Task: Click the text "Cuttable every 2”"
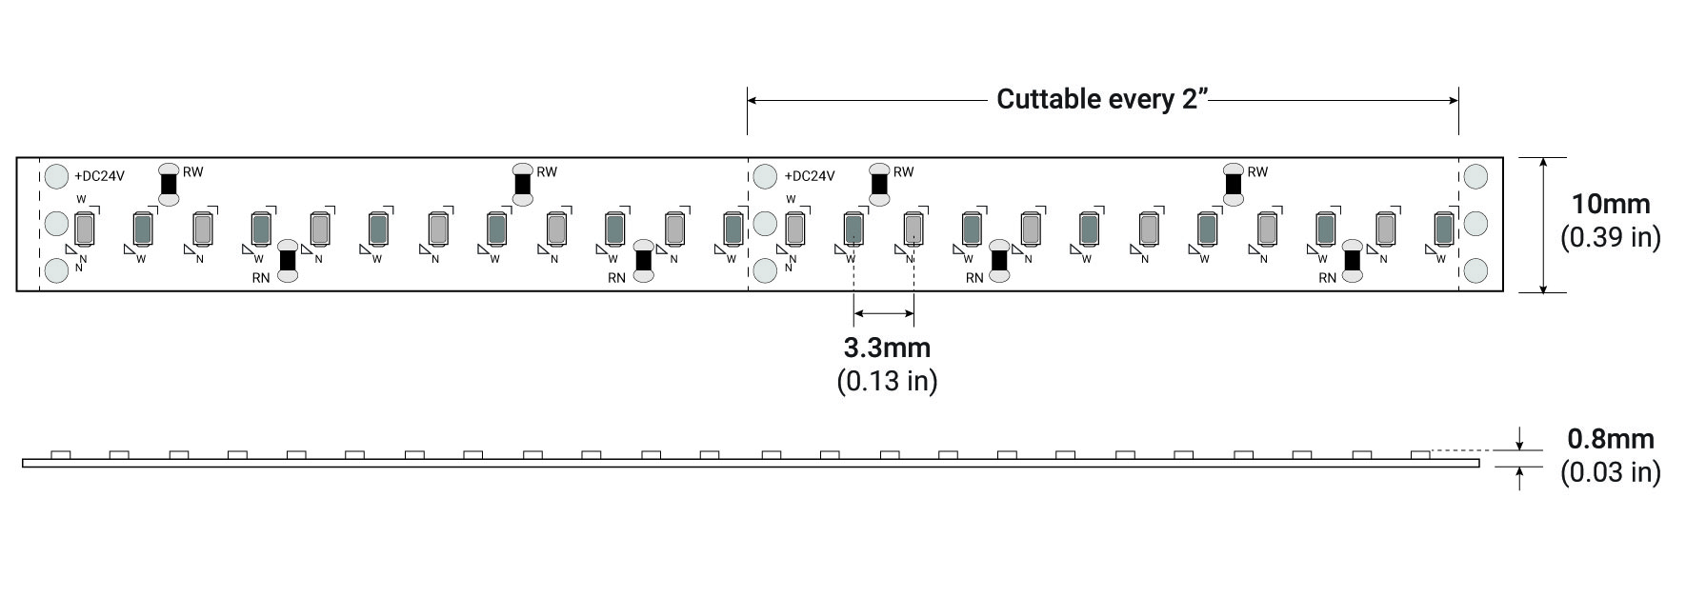coord(1102,99)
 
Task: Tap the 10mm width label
coord(1610,204)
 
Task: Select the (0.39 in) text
coord(1610,237)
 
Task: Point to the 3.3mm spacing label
coord(887,348)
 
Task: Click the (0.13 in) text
coord(887,381)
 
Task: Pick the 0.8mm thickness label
coord(1611,439)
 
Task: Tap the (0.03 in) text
coord(1610,472)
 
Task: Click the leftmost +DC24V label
coord(99,176)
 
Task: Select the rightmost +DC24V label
coord(810,176)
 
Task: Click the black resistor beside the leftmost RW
coord(169,184)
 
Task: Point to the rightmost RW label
coord(1257,172)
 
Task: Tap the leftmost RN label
coord(261,278)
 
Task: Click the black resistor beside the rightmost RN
coord(1352,261)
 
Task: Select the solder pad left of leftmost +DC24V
coord(57,176)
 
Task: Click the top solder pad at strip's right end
coord(1475,176)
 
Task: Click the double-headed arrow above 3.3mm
coord(884,313)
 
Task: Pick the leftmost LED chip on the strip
coord(83,229)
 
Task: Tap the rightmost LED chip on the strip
coord(1443,229)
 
